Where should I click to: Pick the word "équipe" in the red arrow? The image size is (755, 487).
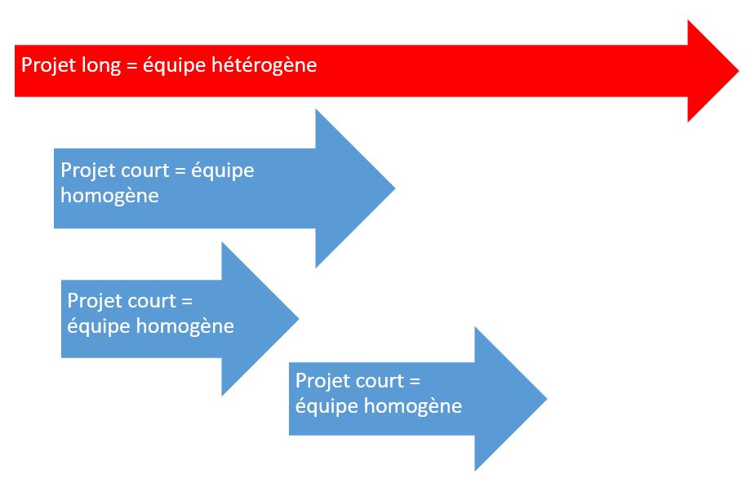[x=175, y=65]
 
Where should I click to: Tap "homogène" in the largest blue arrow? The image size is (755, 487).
[x=109, y=196]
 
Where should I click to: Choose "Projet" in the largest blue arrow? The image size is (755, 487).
[x=86, y=170]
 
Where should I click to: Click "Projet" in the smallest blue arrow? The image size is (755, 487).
[x=92, y=300]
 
